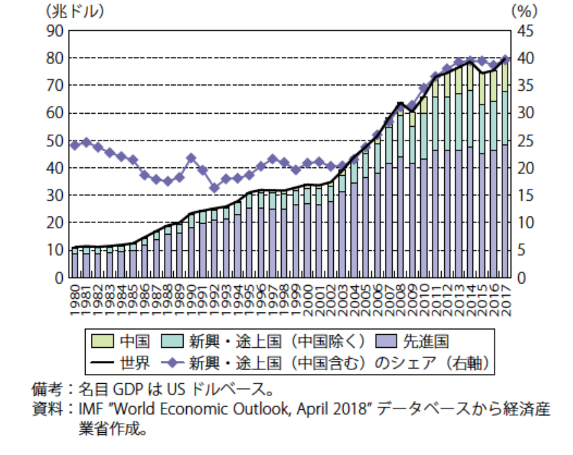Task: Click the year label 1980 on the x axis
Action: tap(75, 297)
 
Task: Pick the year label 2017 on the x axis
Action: tap(506, 297)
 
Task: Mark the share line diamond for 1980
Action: tap(74, 144)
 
